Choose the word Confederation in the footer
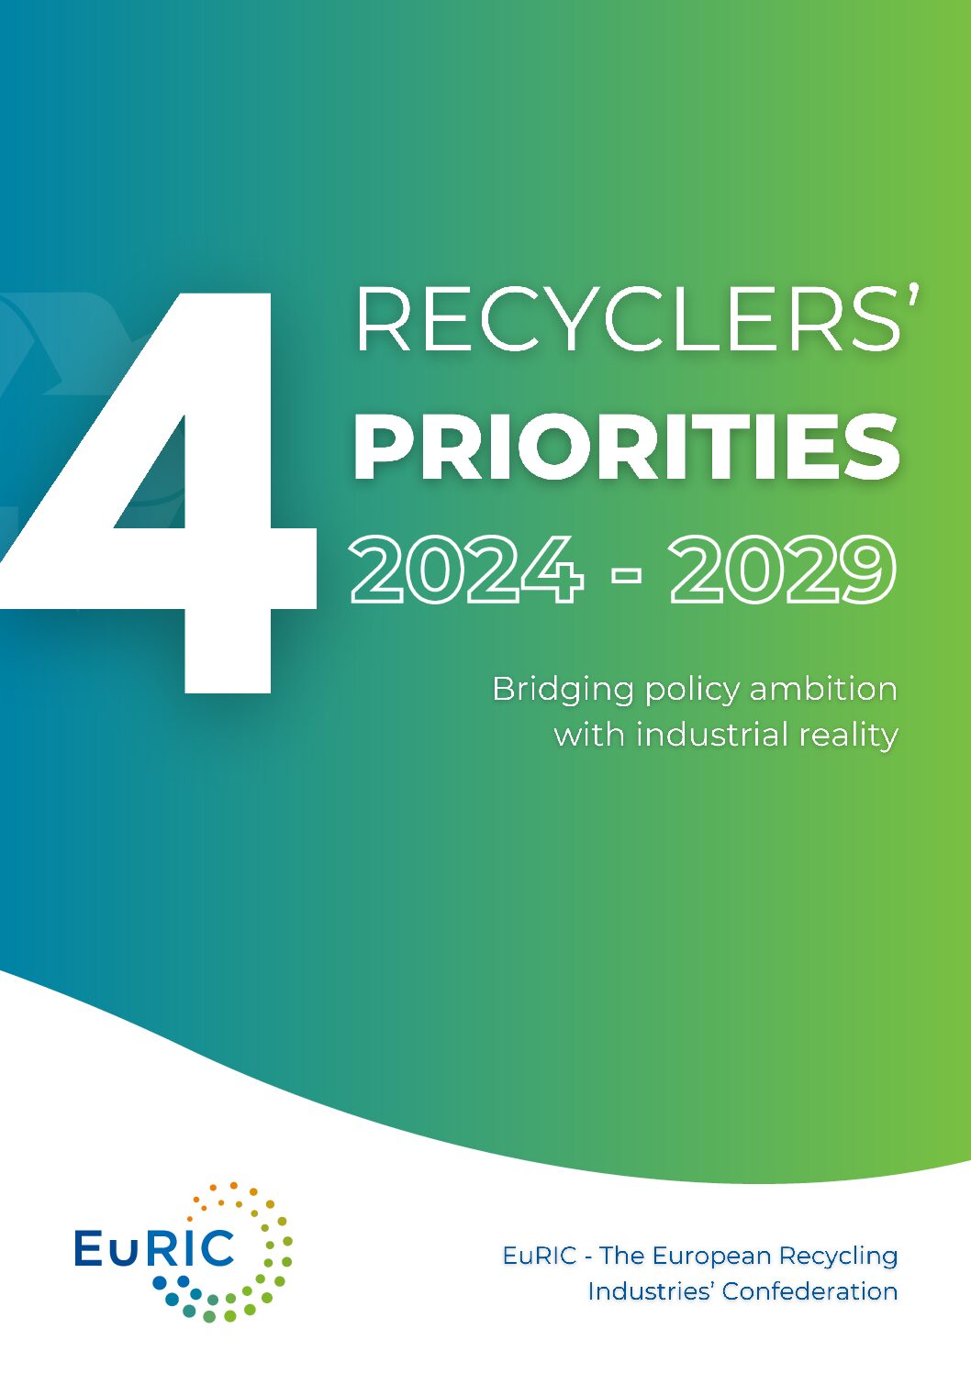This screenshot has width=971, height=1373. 809,1291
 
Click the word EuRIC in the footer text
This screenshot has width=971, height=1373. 540,1256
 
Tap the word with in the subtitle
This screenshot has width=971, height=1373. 589,734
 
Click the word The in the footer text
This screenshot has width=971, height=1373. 620,1256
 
